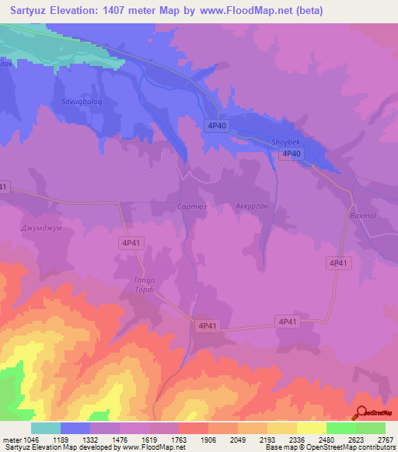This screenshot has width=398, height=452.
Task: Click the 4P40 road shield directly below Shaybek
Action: click(291, 154)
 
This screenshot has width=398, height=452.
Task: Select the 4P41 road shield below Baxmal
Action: click(338, 263)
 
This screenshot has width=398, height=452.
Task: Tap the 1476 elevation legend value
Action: click(121, 440)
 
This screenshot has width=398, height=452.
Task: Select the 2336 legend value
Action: click(296, 440)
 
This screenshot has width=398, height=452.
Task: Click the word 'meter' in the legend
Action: click(11, 440)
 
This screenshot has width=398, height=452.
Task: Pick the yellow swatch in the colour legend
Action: click(311, 428)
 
